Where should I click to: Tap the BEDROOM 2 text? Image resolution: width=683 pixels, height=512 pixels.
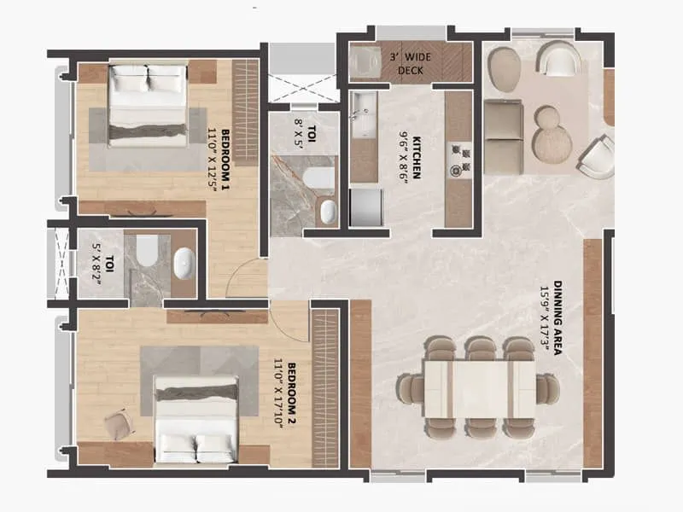tap(292, 397)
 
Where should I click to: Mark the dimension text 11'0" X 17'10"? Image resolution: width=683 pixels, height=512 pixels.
tap(278, 397)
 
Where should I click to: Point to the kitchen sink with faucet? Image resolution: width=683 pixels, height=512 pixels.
tap(363, 116)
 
